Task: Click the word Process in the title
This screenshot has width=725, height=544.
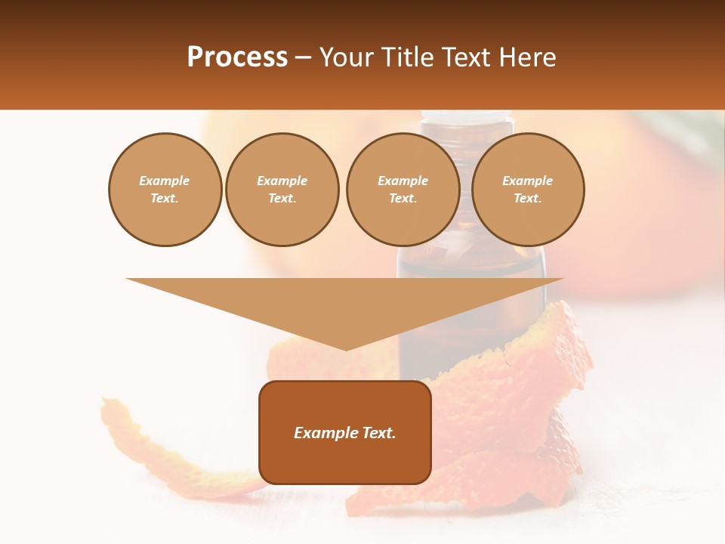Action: (x=237, y=57)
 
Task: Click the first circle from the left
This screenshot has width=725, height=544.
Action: (x=165, y=190)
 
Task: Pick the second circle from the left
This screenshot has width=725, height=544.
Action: (x=282, y=190)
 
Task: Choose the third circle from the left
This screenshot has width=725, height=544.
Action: (x=403, y=190)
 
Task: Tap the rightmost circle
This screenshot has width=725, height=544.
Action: (x=527, y=190)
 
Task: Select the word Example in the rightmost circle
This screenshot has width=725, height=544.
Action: (x=527, y=181)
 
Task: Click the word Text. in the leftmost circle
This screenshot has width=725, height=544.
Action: (x=165, y=199)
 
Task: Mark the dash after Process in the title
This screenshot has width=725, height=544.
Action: (x=303, y=57)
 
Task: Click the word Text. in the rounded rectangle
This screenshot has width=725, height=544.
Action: (x=378, y=433)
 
